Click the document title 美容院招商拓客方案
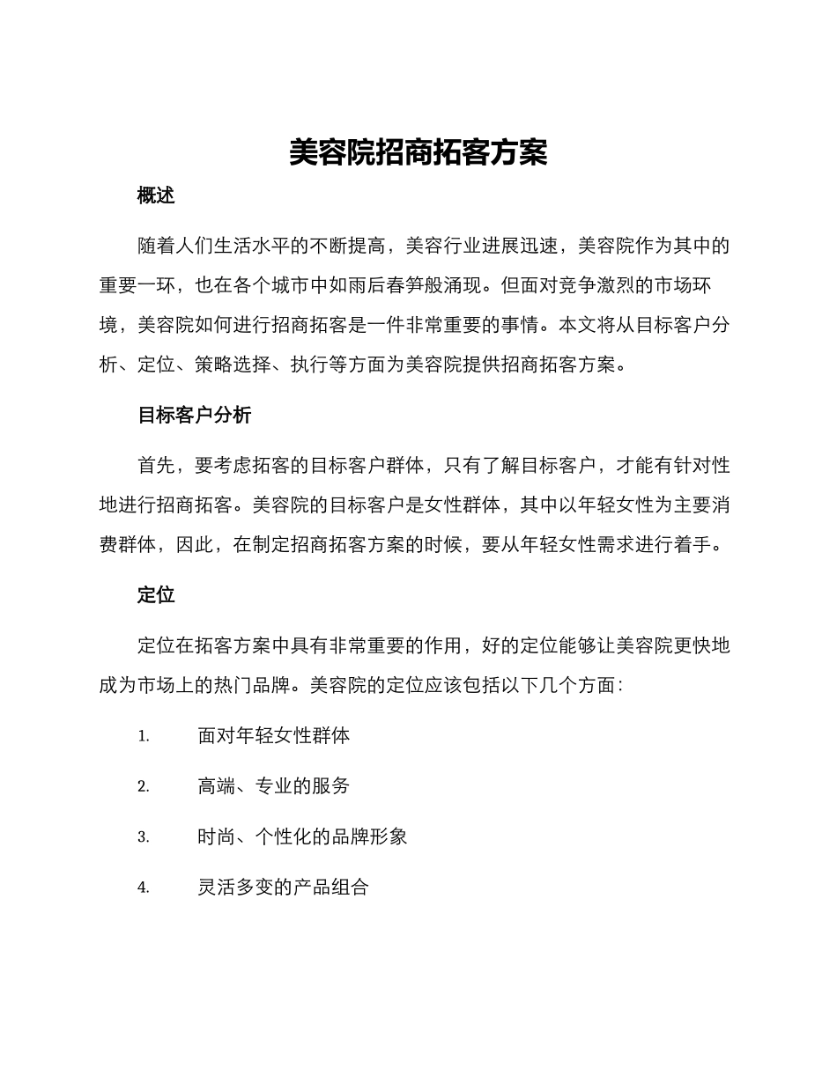point(418,153)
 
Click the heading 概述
point(156,196)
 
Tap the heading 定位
point(156,595)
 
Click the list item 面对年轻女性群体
point(273,735)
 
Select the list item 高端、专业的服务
point(273,786)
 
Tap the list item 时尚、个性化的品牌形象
point(302,836)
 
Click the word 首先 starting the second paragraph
point(156,465)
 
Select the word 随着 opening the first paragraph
point(156,246)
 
